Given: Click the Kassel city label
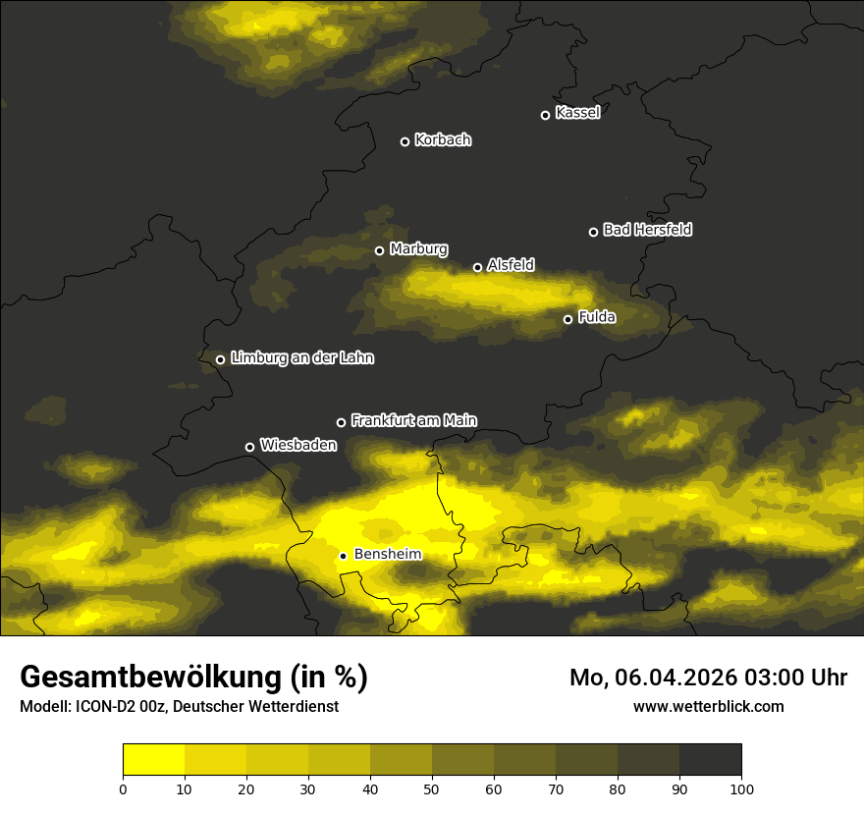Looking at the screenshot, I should click(x=577, y=113).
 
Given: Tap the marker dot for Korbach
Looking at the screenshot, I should click(x=405, y=141).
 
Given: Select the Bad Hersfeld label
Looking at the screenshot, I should click(x=647, y=230).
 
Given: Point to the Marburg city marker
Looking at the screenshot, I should click(x=379, y=250).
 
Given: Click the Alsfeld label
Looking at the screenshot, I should click(x=511, y=265).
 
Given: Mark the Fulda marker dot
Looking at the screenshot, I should click(x=567, y=319).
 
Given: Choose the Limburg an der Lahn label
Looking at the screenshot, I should click(x=301, y=358).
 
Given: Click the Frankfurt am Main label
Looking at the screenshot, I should click(x=413, y=420).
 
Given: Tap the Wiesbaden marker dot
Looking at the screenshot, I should click(x=249, y=447).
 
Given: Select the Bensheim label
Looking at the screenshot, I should click(x=387, y=554).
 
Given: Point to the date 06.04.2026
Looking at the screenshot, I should click(x=680, y=678).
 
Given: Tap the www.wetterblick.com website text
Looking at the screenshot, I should click(x=708, y=706).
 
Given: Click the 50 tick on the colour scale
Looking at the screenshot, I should click(x=432, y=788).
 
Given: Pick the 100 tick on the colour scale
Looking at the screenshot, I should click(x=741, y=788).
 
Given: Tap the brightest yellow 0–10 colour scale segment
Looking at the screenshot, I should click(x=154, y=760).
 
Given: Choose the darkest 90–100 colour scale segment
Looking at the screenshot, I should click(x=710, y=760).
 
